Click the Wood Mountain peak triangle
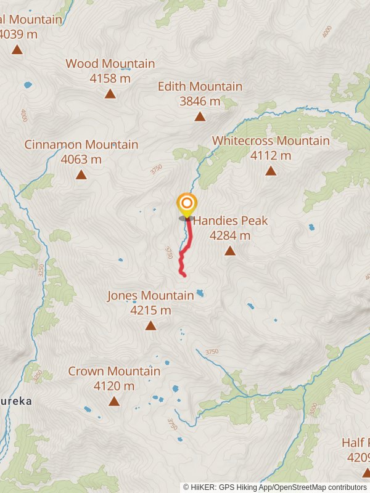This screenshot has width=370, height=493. pyautogui.click(x=110, y=94)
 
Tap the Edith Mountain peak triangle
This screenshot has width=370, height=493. pyautogui.click(x=200, y=116)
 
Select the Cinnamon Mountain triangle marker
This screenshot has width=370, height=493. pyautogui.click(x=81, y=174)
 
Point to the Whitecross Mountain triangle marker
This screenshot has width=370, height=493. pyautogui.click(x=271, y=171)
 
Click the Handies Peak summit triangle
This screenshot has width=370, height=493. pyautogui.click(x=230, y=250)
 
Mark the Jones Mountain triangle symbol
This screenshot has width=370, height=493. pyautogui.click(x=150, y=325)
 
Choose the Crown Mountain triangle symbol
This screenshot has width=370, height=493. pyautogui.click(x=114, y=401)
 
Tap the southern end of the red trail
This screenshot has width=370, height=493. pyautogui.click(x=184, y=275)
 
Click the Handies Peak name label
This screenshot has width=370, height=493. pyautogui.click(x=231, y=221)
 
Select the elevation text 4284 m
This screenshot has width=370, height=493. pyautogui.click(x=230, y=235)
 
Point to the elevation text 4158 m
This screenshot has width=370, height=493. pyautogui.click(x=110, y=78)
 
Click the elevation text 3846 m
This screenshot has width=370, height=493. pyautogui.click(x=200, y=101)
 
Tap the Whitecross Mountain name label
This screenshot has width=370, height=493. pyautogui.click(x=271, y=141)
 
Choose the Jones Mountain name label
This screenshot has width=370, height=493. pyautogui.click(x=150, y=295)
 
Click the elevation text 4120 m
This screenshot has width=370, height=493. pyautogui.click(x=114, y=386)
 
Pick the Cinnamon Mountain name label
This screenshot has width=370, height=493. pyautogui.click(x=81, y=144)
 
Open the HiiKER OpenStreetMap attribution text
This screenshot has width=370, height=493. pyautogui.click(x=275, y=487)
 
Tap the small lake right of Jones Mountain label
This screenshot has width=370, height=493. pyautogui.click(x=200, y=293)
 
